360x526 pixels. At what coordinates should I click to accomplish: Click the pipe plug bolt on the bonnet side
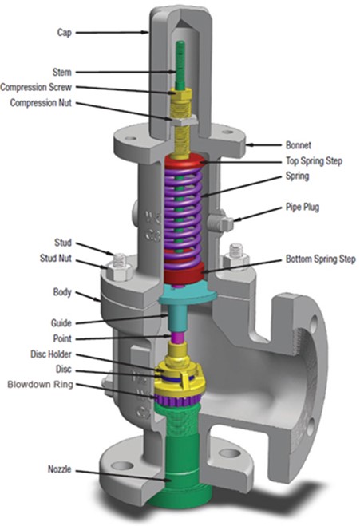[225, 223]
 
